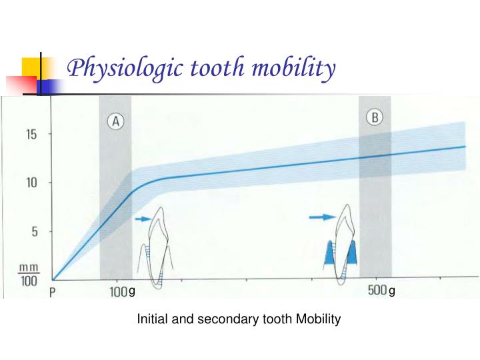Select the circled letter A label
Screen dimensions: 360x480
(115, 121)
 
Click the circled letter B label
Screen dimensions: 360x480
(376, 118)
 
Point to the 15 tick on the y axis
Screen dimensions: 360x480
(31, 133)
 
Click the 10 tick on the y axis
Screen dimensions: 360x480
(31, 183)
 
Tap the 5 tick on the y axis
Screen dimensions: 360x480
(31, 232)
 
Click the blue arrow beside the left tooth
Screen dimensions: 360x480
(143, 218)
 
